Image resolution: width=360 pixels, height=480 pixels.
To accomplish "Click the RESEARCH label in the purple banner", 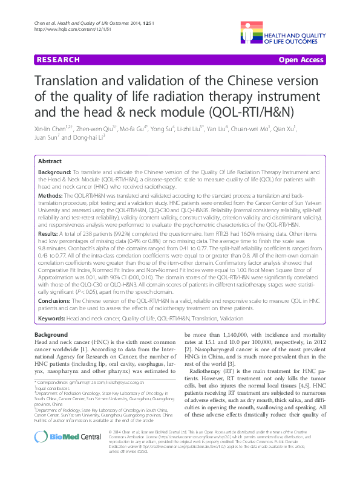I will (58, 60).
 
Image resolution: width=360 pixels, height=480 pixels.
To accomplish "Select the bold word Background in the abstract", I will (54, 173).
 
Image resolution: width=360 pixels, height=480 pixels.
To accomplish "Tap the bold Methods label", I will (51, 197).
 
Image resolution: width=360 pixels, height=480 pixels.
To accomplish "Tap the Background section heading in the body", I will (51, 335).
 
